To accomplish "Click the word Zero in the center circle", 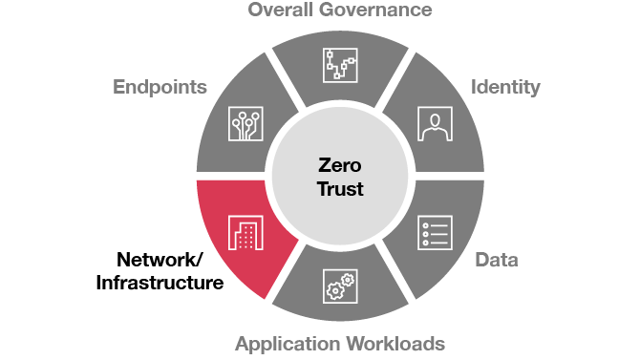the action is (339, 165).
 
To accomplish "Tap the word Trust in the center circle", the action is (339, 189).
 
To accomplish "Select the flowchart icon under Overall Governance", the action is (339, 66).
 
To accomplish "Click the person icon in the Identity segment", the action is (436, 123).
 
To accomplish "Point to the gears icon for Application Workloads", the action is (339, 287).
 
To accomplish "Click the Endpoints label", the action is (160, 87).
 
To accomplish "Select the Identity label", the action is (505, 87).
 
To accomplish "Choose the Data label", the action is (497, 260).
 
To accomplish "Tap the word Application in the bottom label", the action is (287, 344).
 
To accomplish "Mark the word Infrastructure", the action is (160, 283).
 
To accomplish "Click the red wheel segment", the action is (229, 215).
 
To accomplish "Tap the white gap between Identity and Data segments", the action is (449, 178).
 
